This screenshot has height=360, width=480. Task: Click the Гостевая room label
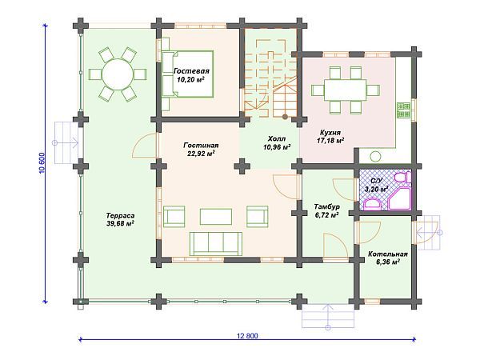click(x=191, y=71)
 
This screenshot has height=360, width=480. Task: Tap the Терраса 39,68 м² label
click(x=120, y=219)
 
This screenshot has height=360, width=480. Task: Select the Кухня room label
click(x=330, y=133)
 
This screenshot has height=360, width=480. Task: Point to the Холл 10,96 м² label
click(x=277, y=142)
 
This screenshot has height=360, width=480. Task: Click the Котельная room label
click(x=387, y=254)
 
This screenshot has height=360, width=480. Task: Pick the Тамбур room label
click(x=327, y=206)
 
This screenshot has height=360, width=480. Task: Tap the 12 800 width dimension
click(x=247, y=336)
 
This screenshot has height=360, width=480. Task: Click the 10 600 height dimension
click(x=42, y=163)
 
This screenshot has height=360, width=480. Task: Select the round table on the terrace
click(x=118, y=74)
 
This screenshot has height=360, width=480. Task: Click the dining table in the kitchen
click(x=346, y=90)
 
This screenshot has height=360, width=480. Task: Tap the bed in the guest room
click(x=187, y=74)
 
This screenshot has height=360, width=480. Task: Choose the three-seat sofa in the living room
click(x=216, y=244)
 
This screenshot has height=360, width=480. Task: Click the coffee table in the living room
click(x=216, y=217)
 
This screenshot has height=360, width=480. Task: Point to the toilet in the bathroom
click(x=402, y=178)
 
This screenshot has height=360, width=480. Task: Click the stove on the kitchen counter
click(x=403, y=110)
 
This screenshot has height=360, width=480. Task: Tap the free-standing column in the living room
click(x=242, y=166)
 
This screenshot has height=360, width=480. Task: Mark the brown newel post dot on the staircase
click(x=285, y=116)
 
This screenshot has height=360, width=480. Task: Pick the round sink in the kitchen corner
click(x=374, y=157)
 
